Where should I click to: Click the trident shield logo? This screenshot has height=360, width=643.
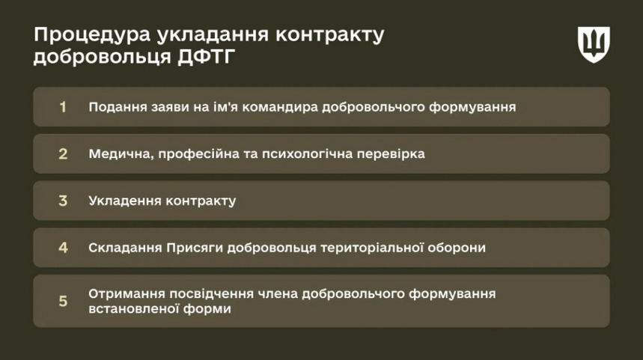[x=594, y=44]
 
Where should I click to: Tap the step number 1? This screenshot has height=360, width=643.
[x=63, y=107]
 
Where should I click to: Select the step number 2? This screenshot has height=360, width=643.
[x=63, y=153]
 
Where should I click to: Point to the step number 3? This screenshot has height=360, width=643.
[x=63, y=201]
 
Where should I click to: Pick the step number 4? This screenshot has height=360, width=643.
[x=63, y=248]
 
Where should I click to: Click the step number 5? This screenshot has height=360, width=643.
[x=63, y=301]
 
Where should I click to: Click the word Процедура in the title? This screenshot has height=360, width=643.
[x=92, y=36]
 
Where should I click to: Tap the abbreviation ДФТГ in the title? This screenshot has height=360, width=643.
[x=207, y=57]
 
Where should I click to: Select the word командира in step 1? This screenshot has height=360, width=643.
[x=280, y=107]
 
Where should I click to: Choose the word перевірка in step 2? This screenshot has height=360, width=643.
[x=391, y=154]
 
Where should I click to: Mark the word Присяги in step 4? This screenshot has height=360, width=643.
[x=195, y=248]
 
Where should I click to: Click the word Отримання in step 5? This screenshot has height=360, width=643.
[x=127, y=294]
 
